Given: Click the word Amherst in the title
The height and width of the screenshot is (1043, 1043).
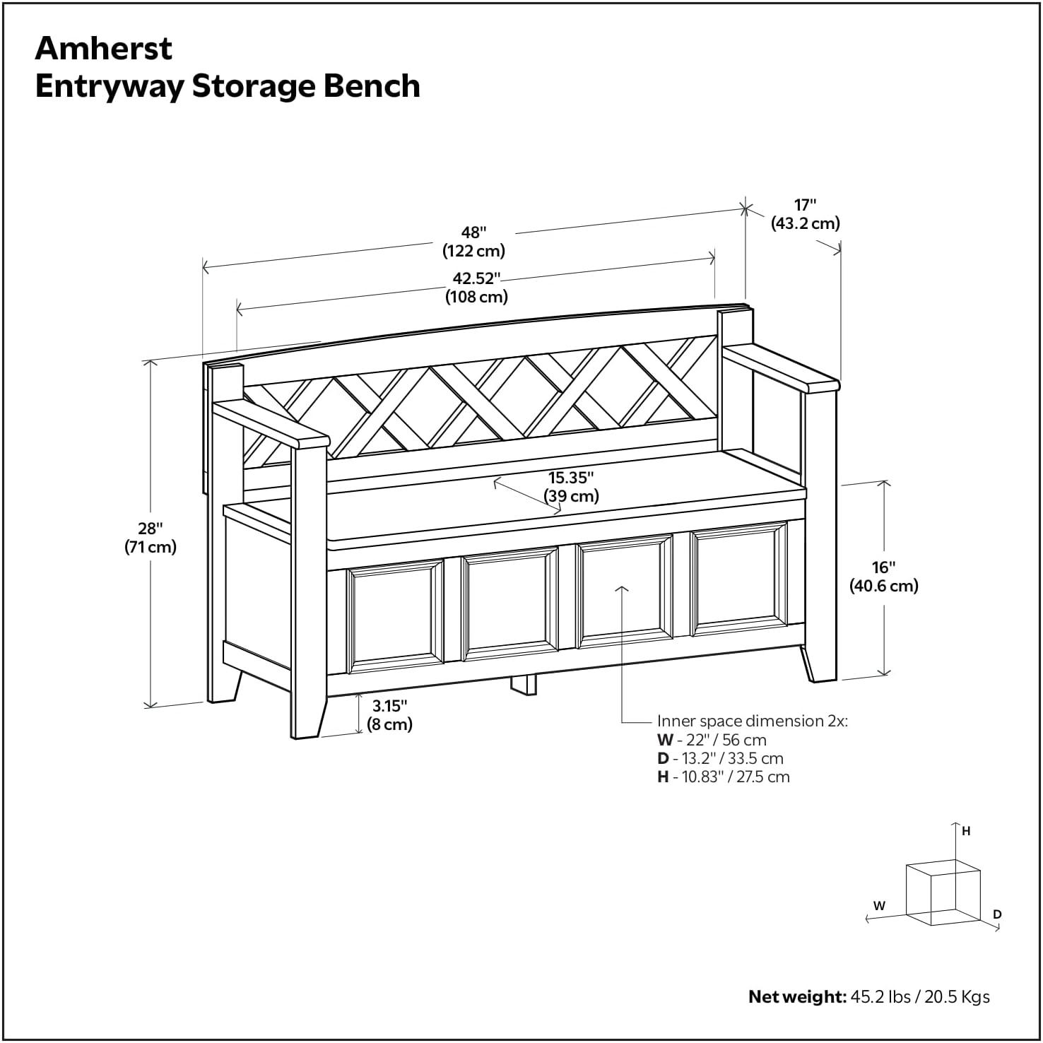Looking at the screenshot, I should [x=103, y=48].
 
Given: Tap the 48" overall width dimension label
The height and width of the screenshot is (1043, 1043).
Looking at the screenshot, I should [x=473, y=241].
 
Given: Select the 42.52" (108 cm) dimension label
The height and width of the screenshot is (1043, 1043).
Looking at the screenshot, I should [x=476, y=287].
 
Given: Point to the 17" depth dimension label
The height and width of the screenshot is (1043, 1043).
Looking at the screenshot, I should [x=805, y=214].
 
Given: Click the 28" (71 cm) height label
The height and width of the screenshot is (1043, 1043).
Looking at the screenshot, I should [x=151, y=537].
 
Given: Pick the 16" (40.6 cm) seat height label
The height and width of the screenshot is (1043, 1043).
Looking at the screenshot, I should [x=883, y=576].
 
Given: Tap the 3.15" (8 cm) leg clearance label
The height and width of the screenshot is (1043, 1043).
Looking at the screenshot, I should [x=389, y=714].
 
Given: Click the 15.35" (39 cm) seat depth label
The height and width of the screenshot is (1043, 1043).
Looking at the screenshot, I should [x=571, y=486].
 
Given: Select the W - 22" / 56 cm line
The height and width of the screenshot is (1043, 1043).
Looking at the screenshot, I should [x=712, y=740].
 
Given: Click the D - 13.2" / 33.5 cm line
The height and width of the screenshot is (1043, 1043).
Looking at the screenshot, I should [x=720, y=758].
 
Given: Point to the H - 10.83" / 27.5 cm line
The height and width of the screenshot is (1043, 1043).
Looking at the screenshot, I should [x=723, y=777].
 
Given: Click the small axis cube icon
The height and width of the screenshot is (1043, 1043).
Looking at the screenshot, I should [x=942, y=892].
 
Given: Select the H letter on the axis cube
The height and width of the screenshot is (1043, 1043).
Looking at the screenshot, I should [x=966, y=832].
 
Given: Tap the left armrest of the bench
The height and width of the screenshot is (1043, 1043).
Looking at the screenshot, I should [x=271, y=425].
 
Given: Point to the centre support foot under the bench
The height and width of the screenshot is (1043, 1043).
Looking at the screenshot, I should [x=524, y=685].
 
